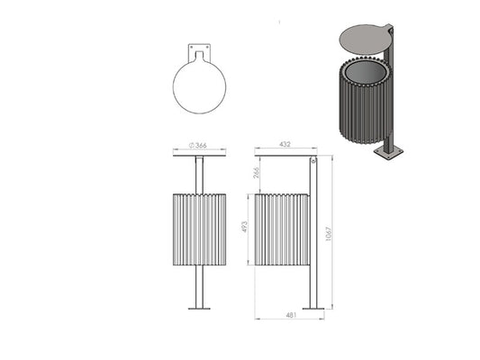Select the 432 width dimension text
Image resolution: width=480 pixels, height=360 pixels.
285,144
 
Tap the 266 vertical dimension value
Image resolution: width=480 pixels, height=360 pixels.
257,173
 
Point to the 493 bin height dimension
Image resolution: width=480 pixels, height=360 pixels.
244,227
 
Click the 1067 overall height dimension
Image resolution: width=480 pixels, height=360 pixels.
329,234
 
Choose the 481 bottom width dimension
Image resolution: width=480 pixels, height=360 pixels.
291,315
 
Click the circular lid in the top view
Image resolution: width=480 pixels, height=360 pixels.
199,86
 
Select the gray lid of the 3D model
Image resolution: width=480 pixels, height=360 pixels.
364,40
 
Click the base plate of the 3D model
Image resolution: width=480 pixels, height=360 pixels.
389,152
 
